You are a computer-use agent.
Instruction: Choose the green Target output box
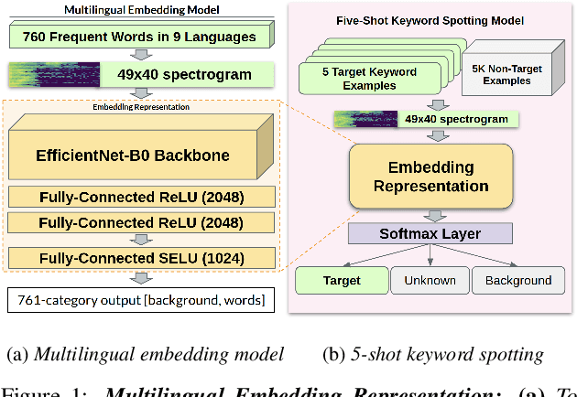[x=341, y=281]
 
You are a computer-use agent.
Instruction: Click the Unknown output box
[x=430, y=281]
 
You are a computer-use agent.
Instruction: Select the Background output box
[x=517, y=281]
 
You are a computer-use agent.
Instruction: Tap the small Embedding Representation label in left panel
[x=141, y=106]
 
